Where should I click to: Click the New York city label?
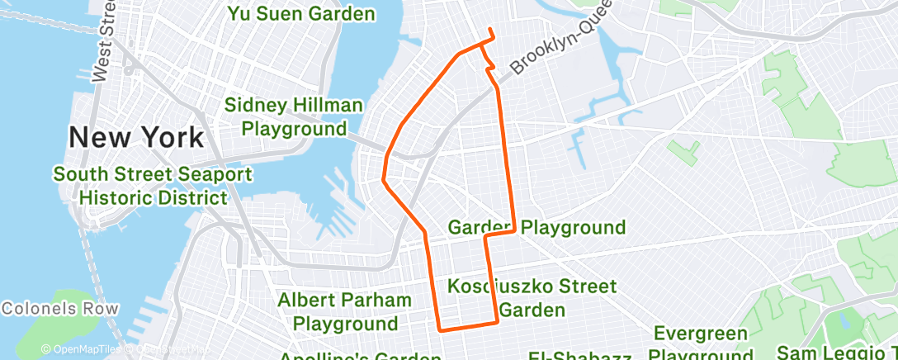pyautogui.click(x=136, y=136)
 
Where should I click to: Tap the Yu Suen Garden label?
pyautogui.click(x=300, y=14)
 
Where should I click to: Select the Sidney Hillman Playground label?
pyautogui.click(x=294, y=117)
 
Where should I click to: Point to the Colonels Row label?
pyautogui.click(x=59, y=310)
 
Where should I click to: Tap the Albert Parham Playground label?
pyautogui.click(x=344, y=311)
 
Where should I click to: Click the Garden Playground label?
pyautogui.click(x=536, y=227)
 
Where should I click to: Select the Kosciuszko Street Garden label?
pyautogui.click(x=532, y=298)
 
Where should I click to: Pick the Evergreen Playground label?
pyautogui.click(x=702, y=344)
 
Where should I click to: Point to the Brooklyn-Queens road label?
pyautogui.click(x=560, y=53)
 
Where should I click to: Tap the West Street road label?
pyautogui.click(x=103, y=41)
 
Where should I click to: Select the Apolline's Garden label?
pyautogui.click(x=360, y=356)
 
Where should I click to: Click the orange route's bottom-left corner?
pyautogui.click(x=439, y=329)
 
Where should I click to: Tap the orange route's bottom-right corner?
pyautogui.click(x=498, y=322)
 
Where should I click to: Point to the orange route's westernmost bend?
pyautogui.click(x=383, y=178)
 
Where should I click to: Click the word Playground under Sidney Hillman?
pyautogui.click(x=294, y=129)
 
